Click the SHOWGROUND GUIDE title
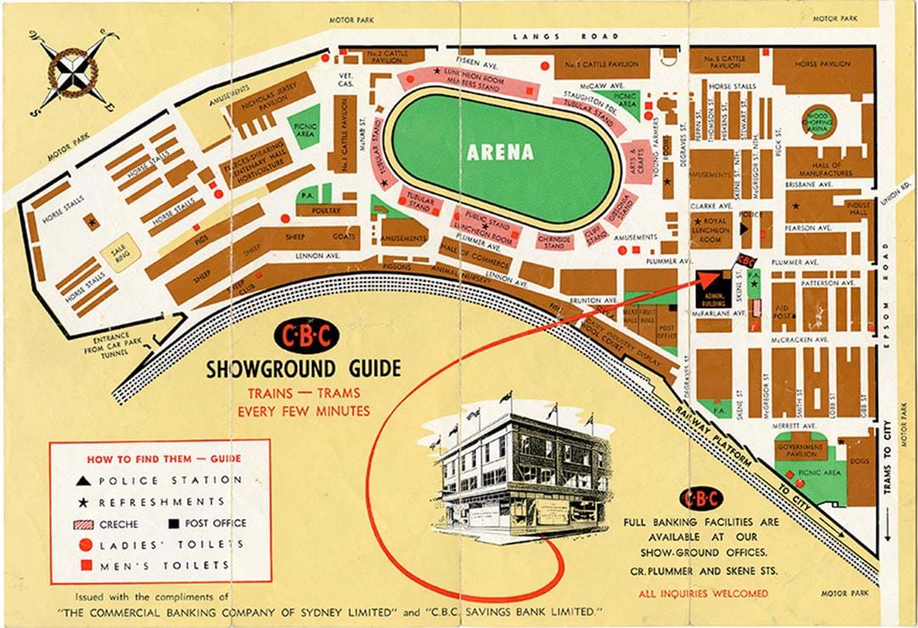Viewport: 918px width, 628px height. pos(303,368)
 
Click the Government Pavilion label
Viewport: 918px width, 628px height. pos(800,450)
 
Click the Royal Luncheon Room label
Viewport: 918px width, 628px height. pos(711,230)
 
